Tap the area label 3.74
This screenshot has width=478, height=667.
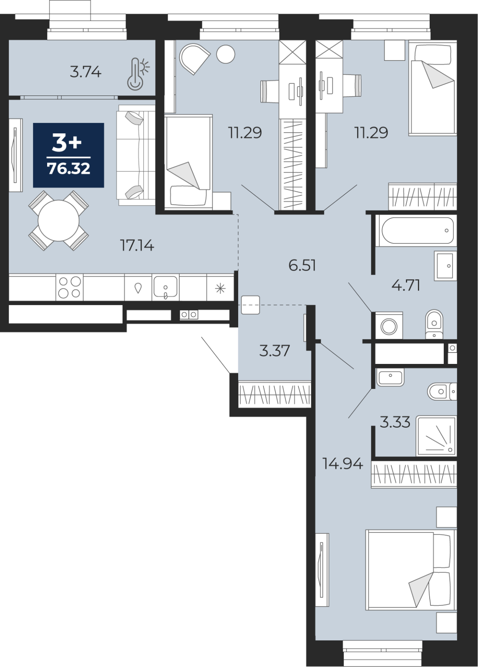click(86, 72)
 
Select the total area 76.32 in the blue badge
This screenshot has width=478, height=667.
click(69, 168)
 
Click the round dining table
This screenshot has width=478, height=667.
click(58, 221)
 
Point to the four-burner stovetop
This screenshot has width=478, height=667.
click(69, 287)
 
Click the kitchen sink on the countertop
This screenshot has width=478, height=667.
click(165, 287)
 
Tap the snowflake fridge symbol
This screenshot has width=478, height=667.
click(220, 288)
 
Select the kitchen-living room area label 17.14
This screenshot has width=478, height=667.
click(137, 246)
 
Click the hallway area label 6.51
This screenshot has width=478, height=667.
click(302, 265)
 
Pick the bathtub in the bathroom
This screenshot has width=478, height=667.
click(418, 230)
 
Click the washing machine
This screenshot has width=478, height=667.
click(389, 326)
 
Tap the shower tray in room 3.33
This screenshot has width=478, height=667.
click(436, 436)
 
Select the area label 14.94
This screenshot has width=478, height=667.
click(342, 464)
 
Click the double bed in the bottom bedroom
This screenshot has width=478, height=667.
click(410, 570)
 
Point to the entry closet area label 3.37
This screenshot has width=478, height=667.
click(274, 351)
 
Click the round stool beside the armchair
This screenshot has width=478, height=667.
click(226, 54)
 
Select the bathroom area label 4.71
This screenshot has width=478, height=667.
click(405, 286)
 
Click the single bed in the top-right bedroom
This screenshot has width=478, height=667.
click(433, 88)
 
